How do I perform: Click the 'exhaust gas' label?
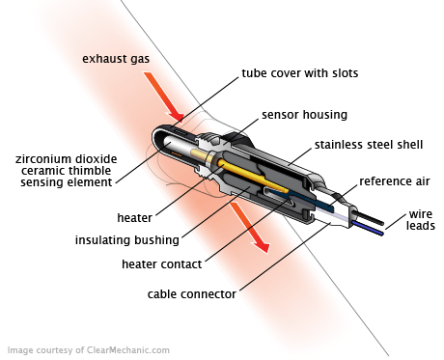(x=116, y=59)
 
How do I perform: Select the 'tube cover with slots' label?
(x=300, y=73)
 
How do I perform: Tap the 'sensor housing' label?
(x=304, y=115)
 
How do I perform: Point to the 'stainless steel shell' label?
(x=369, y=145)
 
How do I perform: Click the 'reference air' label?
(x=395, y=181)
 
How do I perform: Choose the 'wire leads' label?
(x=421, y=220)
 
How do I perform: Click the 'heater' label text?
(x=134, y=218)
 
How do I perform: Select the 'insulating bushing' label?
(x=127, y=240)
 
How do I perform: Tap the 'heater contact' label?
(x=162, y=264)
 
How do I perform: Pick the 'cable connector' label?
(x=192, y=294)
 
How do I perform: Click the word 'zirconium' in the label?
(x=43, y=159)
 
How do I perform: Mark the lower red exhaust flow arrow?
(x=250, y=227)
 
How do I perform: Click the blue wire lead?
(x=368, y=228)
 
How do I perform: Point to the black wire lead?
(x=370, y=217)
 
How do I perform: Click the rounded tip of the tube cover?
(x=154, y=138)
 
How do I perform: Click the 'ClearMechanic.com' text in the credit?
(x=128, y=350)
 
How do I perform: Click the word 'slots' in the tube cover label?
(x=345, y=73)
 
